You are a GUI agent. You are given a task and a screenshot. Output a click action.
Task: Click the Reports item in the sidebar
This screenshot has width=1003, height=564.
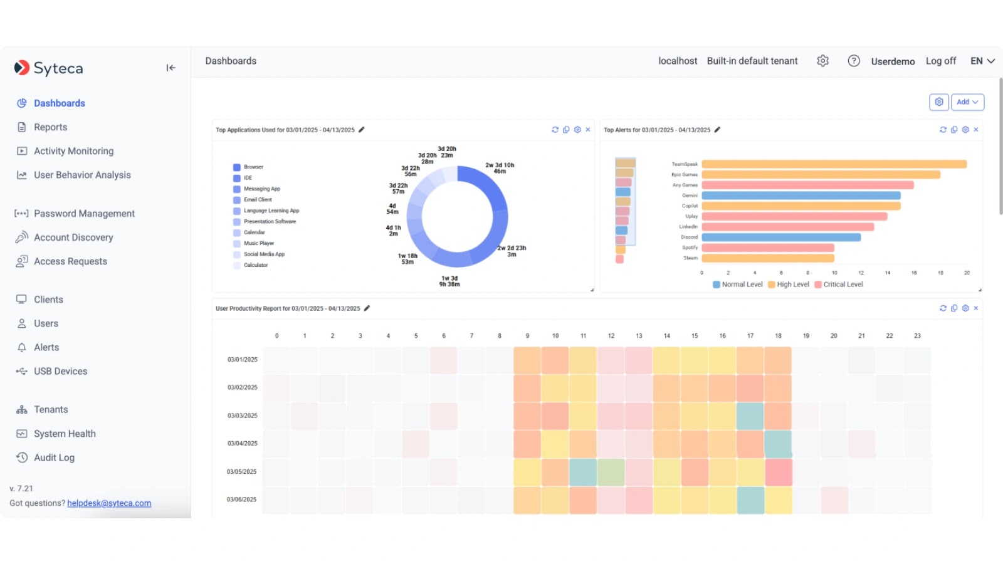click(x=50, y=127)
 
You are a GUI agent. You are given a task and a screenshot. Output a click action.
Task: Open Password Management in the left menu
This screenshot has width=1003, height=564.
click(x=84, y=214)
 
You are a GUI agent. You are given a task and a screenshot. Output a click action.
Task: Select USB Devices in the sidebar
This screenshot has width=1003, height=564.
click(x=60, y=372)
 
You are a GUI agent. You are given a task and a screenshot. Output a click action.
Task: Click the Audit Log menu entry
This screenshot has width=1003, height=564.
click(x=54, y=458)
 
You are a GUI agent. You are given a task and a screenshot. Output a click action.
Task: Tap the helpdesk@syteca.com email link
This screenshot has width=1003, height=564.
click(x=109, y=503)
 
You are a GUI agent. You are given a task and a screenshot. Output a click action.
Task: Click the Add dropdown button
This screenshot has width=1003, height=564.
click(x=967, y=102)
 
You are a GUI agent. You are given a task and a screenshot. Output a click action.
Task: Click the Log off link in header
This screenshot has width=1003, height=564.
click(x=940, y=61)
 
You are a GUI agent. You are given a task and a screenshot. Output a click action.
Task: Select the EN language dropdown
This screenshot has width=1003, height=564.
click(x=982, y=61)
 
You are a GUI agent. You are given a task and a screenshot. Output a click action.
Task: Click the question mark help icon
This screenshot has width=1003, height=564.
click(x=853, y=61)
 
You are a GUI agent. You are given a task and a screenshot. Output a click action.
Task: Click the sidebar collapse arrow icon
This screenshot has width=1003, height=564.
click(x=171, y=68)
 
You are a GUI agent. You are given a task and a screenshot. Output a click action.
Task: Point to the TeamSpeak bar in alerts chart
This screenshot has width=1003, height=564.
click(x=834, y=164)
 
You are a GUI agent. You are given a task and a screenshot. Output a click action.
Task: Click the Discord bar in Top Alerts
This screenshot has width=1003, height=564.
click(x=780, y=238)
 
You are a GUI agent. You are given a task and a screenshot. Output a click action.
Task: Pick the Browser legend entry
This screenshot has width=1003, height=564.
click(x=253, y=167)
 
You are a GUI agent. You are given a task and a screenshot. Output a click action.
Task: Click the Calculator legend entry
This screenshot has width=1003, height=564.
click(x=255, y=265)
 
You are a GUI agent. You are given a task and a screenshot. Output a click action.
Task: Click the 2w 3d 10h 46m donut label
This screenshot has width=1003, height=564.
click(x=500, y=168)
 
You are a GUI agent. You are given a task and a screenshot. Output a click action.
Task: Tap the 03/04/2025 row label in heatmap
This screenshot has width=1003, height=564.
click(x=242, y=444)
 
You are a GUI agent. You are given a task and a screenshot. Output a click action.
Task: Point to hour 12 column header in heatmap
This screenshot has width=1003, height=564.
click(x=611, y=336)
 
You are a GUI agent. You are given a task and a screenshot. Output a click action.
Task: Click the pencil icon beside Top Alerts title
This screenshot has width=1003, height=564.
click(x=717, y=130)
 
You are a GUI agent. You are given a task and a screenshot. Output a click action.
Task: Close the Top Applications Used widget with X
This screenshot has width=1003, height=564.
click(x=587, y=130)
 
